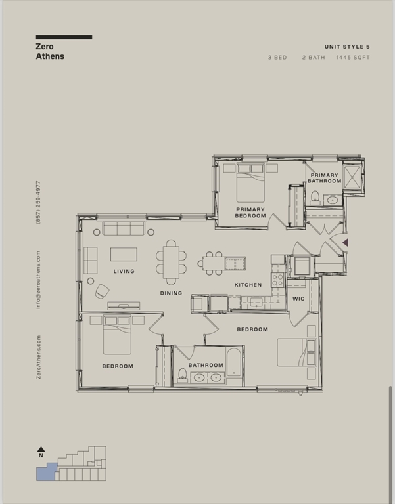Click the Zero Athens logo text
click(x=50, y=51)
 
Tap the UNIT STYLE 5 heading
click(x=347, y=47)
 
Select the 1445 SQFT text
click(x=353, y=58)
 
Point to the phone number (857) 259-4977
click(x=38, y=203)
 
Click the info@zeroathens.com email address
click(x=38, y=280)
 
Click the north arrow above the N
click(x=41, y=450)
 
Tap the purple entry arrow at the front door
click(x=345, y=242)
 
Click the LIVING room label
click(x=124, y=271)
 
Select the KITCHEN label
click(x=248, y=285)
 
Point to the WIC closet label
click(x=298, y=299)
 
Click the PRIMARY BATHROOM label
click(x=324, y=178)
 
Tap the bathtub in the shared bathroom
click(x=233, y=362)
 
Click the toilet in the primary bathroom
click(x=315, y=198)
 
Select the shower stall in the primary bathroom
click(x=352, y=177)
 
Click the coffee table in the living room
click(x=124, y=254)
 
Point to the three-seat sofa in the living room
click(x=124, y=228)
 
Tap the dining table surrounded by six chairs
click(x=171, y=262)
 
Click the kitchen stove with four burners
click(x=277, y=280)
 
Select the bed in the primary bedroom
click(x=250, y=182)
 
